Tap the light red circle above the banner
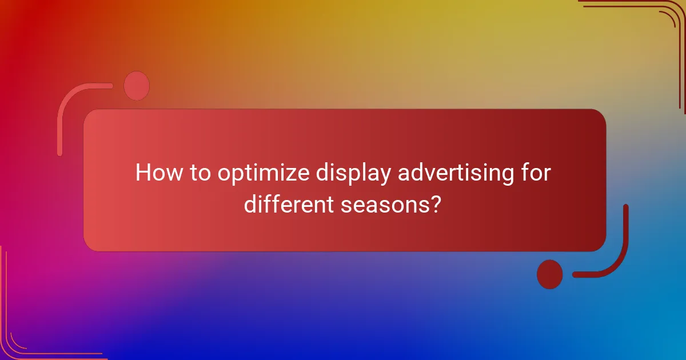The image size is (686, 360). (137, 86)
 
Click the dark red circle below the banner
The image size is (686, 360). (550, 274)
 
